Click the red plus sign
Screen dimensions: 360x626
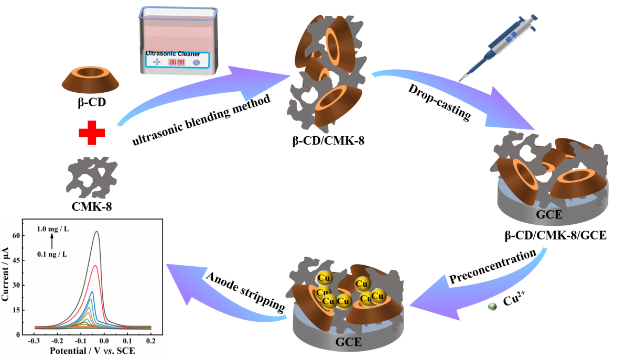(x=92, y=133)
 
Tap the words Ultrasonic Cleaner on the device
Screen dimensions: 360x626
(x=173, y=53)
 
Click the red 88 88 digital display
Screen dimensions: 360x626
(x=176, y=62)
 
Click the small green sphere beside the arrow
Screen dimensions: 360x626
(x=492, y=307)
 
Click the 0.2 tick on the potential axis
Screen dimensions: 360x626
(x=150, y=341)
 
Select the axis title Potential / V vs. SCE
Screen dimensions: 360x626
(x=92, y=351)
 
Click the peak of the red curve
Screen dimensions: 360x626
(x=95, y=265)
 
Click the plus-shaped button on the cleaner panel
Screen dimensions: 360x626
(x=156, y=62)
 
